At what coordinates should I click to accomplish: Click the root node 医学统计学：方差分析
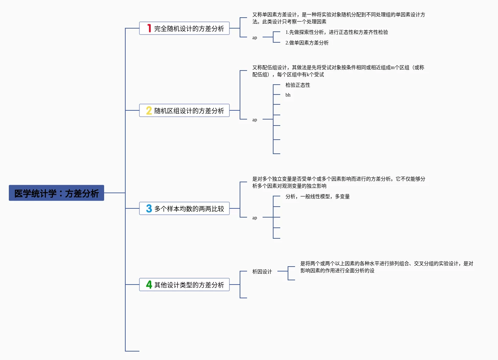coord(56,193)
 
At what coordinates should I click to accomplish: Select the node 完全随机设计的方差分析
coord(189,29)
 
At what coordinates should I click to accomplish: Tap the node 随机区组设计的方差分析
coord(189,111)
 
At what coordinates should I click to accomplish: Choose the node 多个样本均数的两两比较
coord(189,209)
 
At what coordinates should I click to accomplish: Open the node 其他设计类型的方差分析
coord(189,285)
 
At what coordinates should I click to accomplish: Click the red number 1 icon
coord(149,28)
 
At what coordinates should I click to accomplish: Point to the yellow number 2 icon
coord(149,111)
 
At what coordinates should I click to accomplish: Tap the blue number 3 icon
coord(149,209)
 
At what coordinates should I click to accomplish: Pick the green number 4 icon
coord(149,285)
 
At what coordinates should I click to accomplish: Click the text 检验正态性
coord(298,85)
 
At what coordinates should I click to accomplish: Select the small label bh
coord(288,95)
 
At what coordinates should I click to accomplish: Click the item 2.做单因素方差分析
coord(307,43)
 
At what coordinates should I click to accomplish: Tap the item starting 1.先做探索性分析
coord(336,32)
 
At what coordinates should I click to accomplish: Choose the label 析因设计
coord(262,271)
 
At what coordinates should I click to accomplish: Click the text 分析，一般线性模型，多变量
coord(317,196)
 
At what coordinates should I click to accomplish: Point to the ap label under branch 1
coord(254,38)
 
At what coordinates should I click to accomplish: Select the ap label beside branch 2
coord(254,120)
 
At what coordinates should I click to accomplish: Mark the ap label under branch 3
coord(254,218)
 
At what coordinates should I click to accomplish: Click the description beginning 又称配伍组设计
coord(338,71)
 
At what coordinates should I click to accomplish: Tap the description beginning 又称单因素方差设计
coord(338,18)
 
